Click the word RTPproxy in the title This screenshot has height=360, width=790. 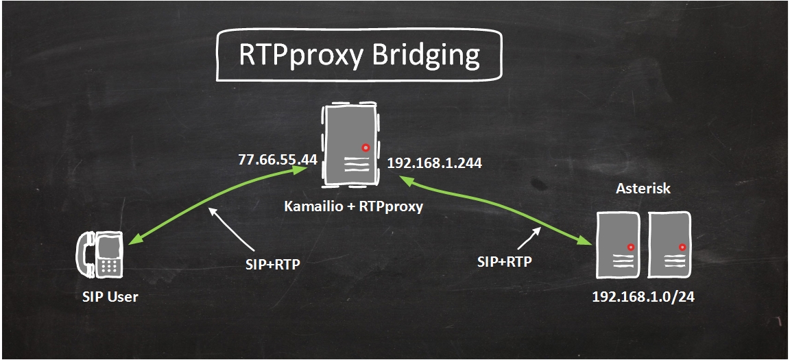tap(300, 56)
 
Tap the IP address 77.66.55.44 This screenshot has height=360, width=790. tap(277, 160)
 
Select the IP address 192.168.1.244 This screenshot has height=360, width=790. tap(434, 163)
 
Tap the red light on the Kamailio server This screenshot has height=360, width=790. tap(366, 147)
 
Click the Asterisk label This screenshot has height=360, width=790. tap(643, 189)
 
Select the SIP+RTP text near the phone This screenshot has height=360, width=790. tap(272, 264)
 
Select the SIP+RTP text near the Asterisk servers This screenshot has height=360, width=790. tap(505, 261)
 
